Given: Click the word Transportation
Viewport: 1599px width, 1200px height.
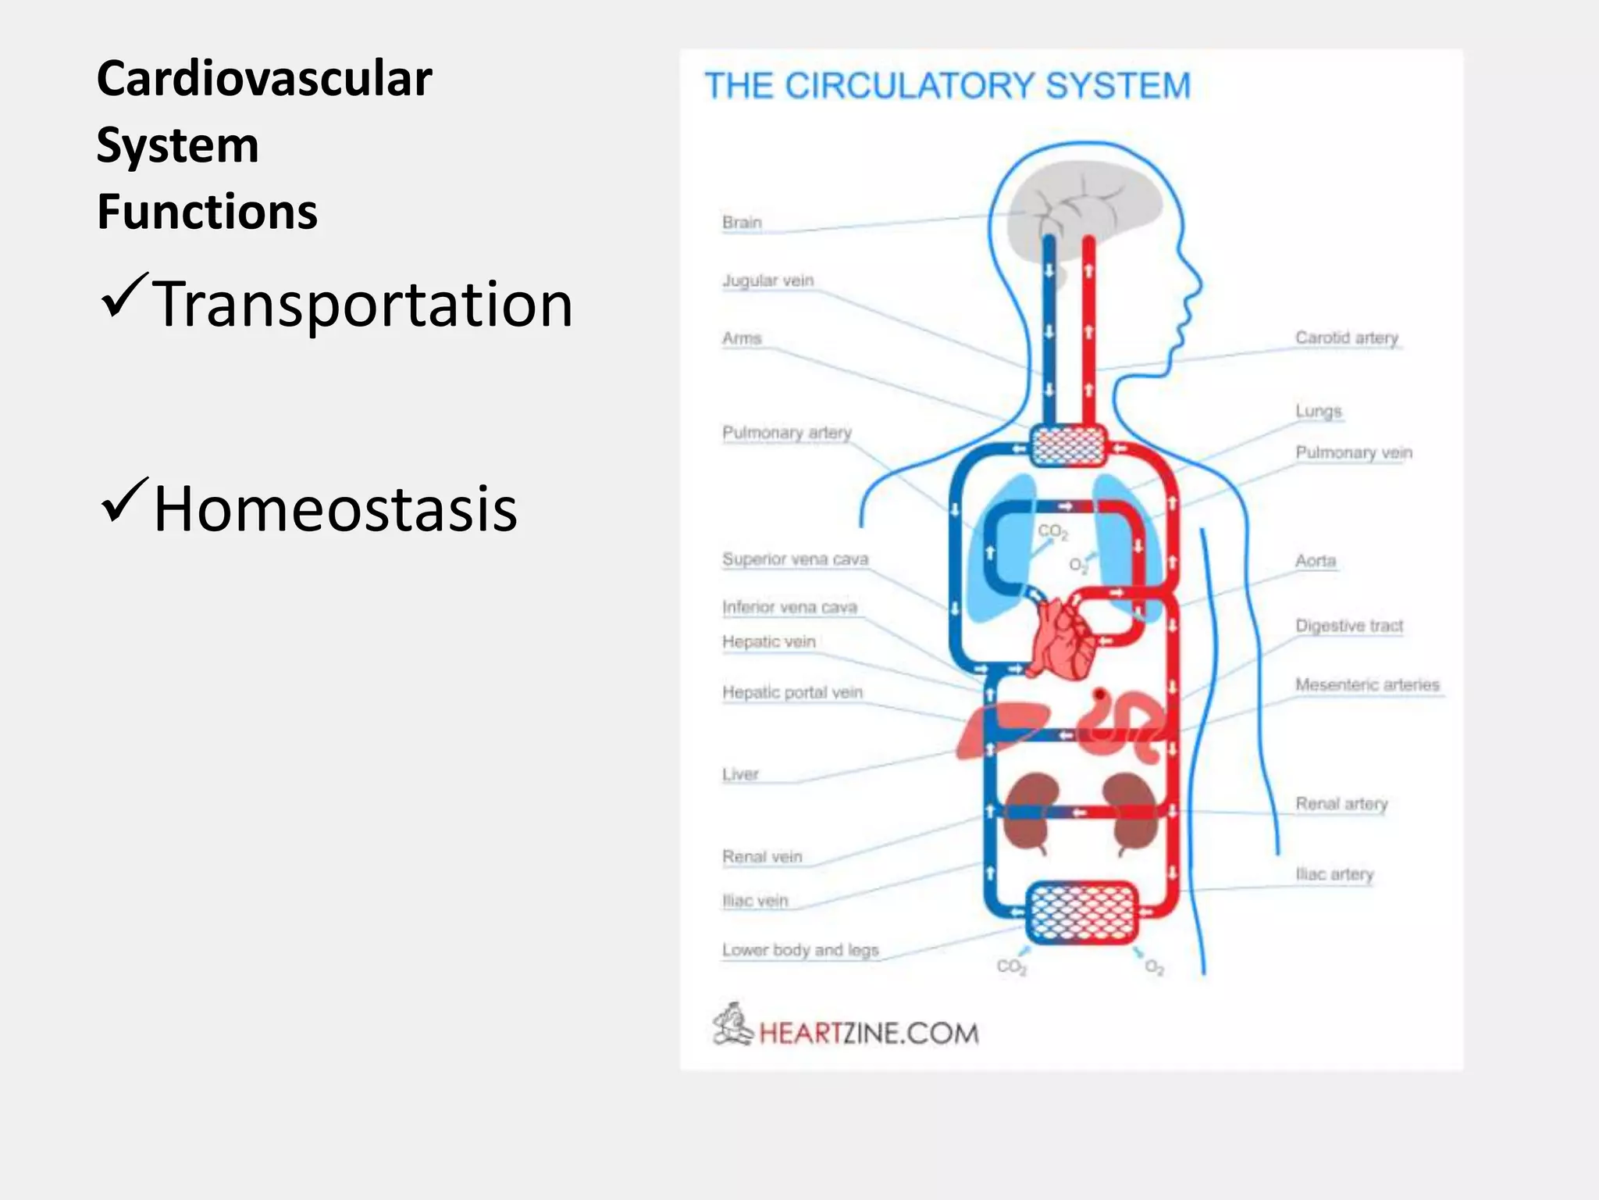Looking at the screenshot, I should point(363,305).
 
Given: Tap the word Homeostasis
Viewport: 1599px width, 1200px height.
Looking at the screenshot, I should point(336,509).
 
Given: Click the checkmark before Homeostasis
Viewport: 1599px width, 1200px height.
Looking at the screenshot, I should point(123,502).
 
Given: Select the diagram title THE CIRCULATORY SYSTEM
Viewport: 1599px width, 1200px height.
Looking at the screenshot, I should point(947,86).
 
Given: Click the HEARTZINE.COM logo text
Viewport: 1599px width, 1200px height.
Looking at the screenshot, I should point(868,1033).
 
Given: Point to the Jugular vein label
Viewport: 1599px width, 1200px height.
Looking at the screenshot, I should point(767,280).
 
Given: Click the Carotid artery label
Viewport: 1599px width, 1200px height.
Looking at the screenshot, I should point(1346,337).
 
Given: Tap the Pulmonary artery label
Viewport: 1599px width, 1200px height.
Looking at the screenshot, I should point(786,432).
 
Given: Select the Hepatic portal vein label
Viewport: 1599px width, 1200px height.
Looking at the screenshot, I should point(792,692).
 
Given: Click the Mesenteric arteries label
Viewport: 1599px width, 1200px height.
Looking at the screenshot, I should point(1366,684).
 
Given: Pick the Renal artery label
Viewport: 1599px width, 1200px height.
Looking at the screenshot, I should point(1341,803).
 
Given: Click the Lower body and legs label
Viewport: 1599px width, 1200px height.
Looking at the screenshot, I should point(799,950).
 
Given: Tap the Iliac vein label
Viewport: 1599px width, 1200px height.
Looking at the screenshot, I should point(754,901).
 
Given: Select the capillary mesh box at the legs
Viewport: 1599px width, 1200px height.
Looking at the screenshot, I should point(1081,912).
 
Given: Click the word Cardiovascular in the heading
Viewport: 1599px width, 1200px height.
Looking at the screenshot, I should point(264,80).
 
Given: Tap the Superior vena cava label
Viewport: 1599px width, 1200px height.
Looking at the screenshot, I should point(794,559).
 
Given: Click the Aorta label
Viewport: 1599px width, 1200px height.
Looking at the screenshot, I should point(1315,561).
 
